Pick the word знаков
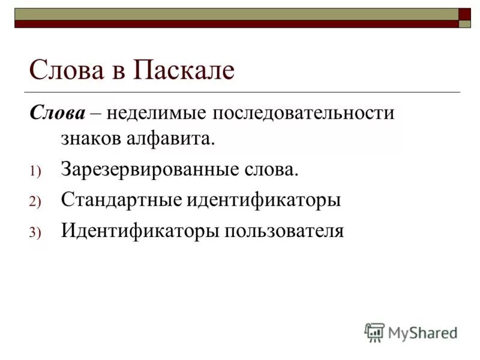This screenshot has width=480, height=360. (91, 140)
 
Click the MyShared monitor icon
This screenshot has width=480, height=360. (374, 332)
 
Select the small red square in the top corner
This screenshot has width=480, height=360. (464, 14)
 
